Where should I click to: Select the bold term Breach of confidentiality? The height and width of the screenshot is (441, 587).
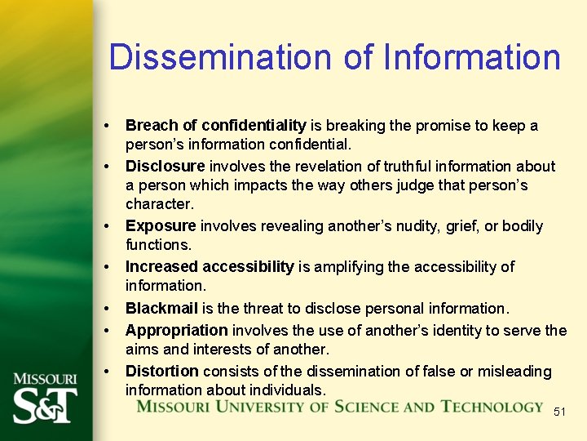click(x=215, y=126)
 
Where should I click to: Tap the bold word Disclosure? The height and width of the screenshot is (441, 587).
click(x=165, y=166)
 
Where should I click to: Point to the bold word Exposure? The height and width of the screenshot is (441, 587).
click(x=161, y=225)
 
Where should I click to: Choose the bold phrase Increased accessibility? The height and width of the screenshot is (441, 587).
click(x=210, y=266)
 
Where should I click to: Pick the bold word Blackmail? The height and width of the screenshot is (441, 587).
click(x=161, y=308)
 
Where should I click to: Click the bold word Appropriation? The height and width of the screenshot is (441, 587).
click(x=176, y=330)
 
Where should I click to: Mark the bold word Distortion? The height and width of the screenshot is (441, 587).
click(x=161, y=371)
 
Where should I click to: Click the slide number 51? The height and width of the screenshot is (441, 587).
click(x=559, y=412)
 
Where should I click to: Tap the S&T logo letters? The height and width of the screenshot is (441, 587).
click(x=45, y=404)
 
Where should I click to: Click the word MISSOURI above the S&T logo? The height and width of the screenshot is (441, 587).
click(x=45, y=379)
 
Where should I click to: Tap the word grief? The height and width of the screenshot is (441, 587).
click(x=461, y=225)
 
